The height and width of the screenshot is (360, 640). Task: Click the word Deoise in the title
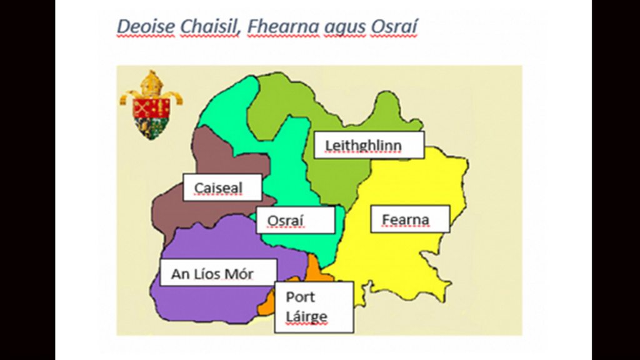[146, 26]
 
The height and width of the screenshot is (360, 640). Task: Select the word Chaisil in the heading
[209, 26]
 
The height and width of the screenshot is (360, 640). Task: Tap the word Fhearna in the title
[283, 26]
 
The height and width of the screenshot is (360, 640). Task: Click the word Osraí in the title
[394, 26]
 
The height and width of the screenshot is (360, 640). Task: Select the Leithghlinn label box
[369, 145]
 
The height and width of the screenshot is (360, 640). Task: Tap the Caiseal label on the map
[222, 187]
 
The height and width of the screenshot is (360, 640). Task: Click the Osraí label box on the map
[296, 220]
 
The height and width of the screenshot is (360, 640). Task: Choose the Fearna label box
[410, 219]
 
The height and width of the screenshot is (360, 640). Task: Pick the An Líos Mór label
[218, 272]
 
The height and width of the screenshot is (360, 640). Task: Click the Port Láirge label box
[314, 307]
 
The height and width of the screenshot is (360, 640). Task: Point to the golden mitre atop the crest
[151, 84]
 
